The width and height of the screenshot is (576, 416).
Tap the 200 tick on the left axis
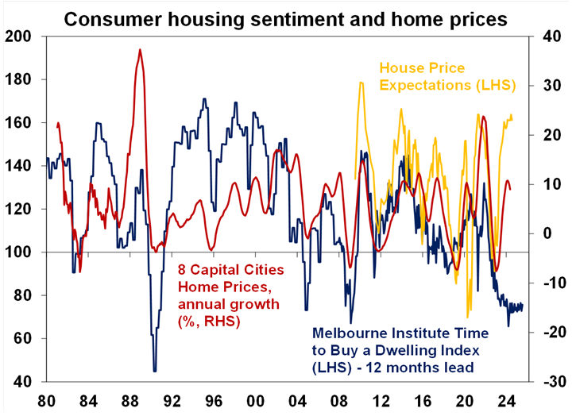point(22,37)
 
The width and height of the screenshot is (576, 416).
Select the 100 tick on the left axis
point(22,252)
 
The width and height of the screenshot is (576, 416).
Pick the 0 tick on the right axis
point(545,233)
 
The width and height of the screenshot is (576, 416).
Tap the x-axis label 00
point(255,399)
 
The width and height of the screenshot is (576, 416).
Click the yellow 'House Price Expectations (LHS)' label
point(446,76)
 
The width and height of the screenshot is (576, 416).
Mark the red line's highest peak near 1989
point(140,50)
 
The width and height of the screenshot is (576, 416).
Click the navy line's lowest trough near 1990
point(154,371)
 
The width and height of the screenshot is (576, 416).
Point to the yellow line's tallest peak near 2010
point(360,83)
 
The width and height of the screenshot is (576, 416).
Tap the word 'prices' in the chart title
point(472,17)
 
